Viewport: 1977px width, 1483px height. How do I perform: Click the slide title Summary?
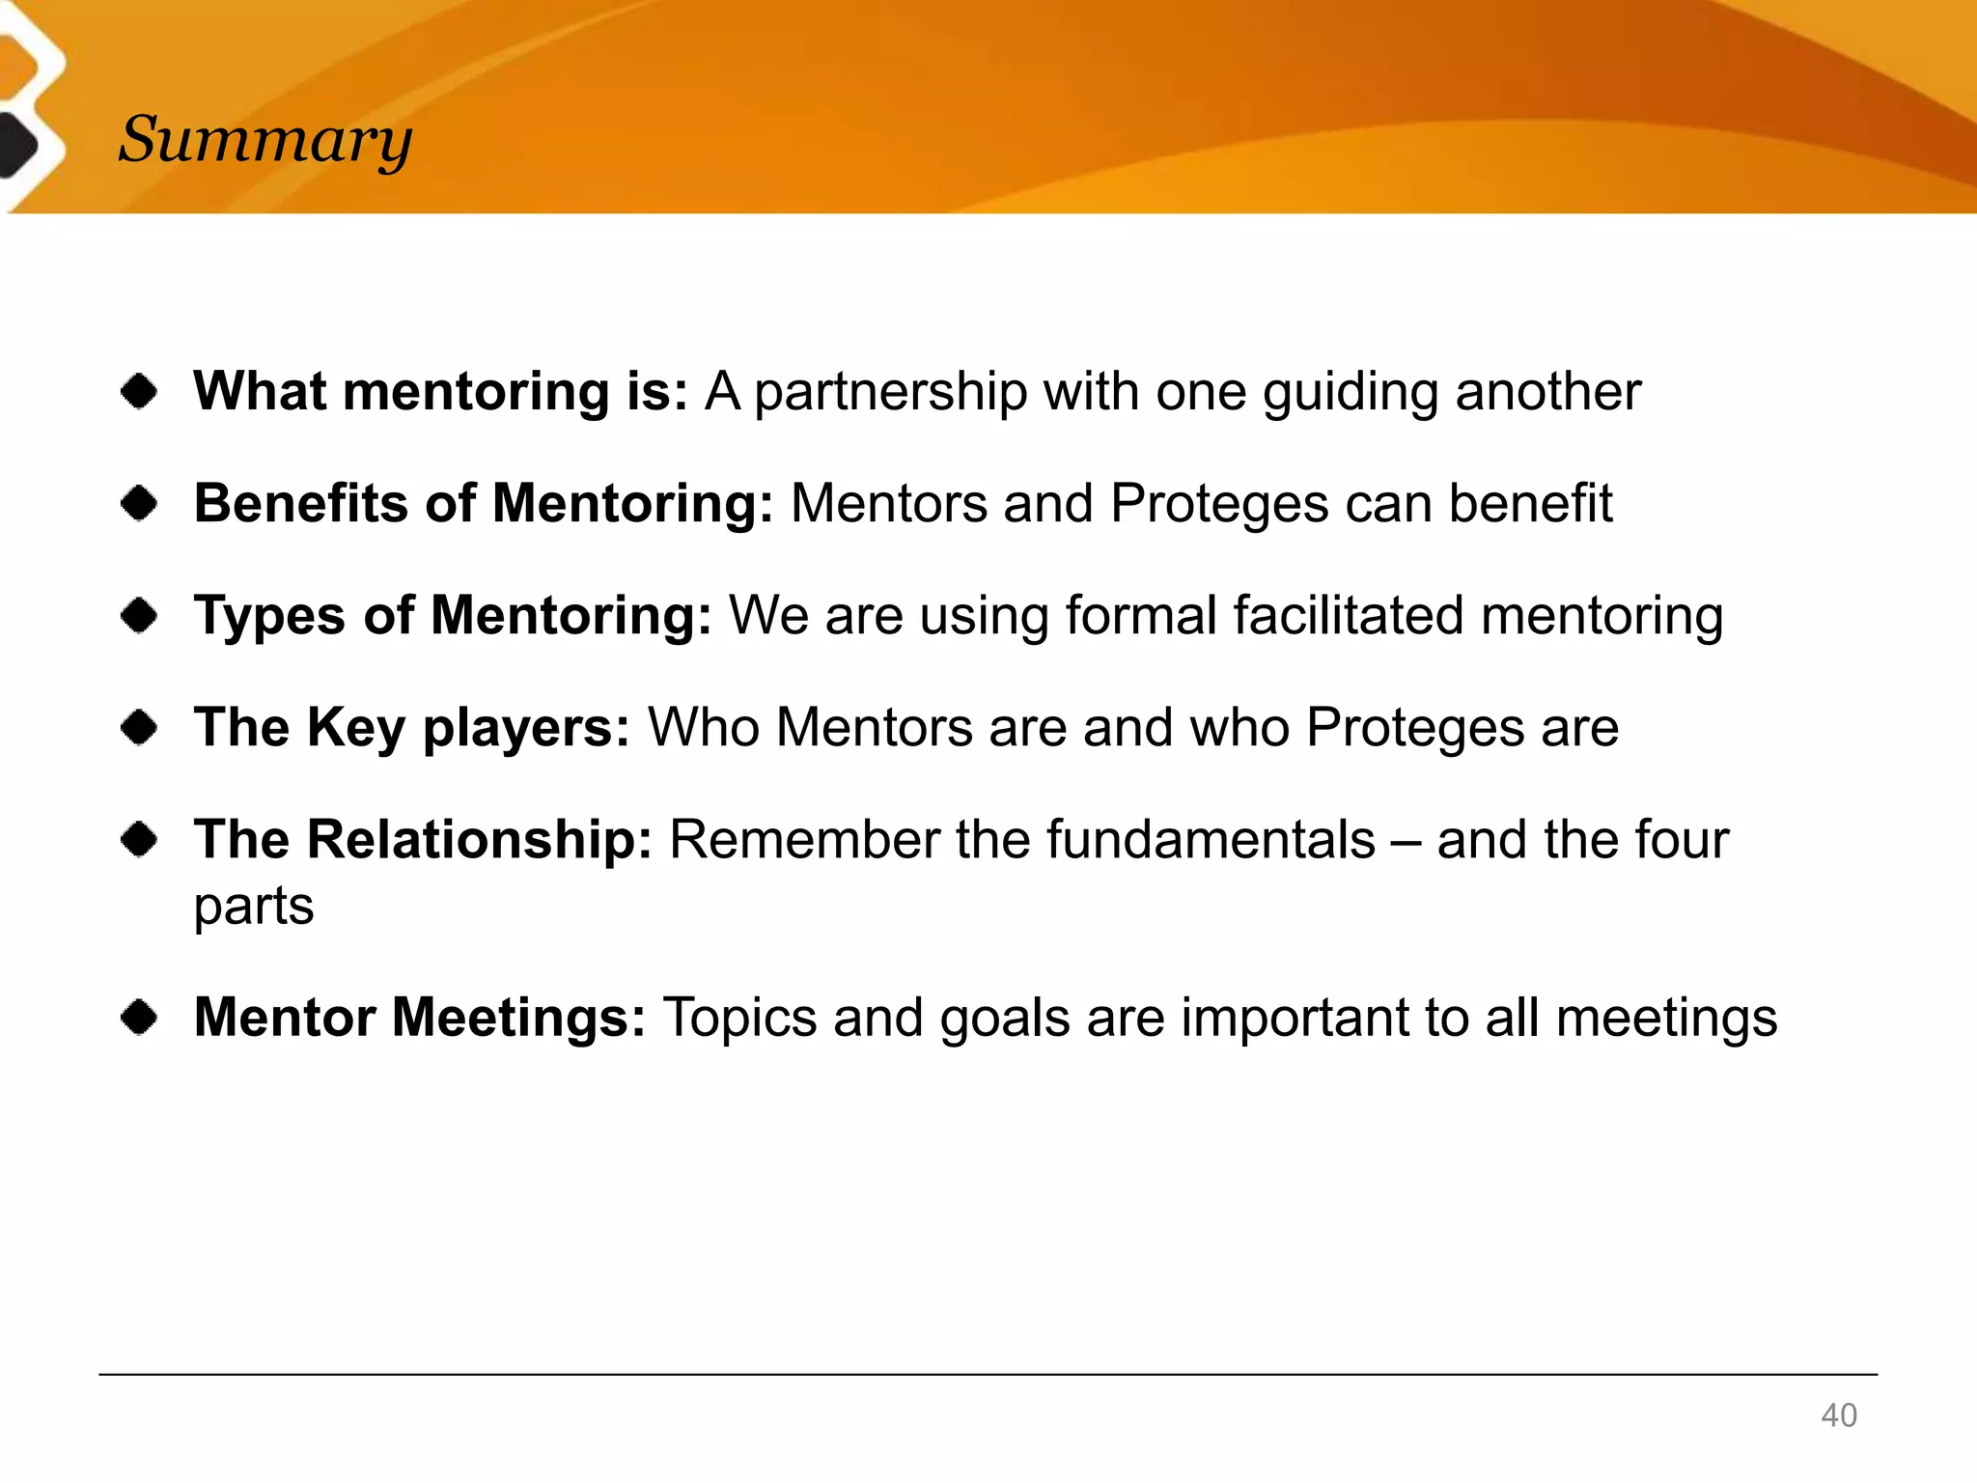(265, 140)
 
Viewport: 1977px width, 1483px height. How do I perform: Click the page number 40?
(1838, 1415)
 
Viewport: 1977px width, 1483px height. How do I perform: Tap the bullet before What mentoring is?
(140, 392)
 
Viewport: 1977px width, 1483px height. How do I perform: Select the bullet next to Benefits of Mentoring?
(140, 503)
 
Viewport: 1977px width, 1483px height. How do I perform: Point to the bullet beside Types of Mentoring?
(140, 615)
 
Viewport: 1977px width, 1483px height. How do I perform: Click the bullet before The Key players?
(140, 727)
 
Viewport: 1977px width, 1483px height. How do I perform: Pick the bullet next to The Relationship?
(140, 839)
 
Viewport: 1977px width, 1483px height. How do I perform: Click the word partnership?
(890, 393)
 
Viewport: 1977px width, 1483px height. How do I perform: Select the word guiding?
(1350, 393)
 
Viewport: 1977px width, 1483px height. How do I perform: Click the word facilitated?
(1348, 616)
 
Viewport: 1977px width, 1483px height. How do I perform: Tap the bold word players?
(526, 729)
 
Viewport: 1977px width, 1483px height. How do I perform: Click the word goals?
(1005, 1020)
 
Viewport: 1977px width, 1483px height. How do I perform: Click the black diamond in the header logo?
(17, 145)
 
